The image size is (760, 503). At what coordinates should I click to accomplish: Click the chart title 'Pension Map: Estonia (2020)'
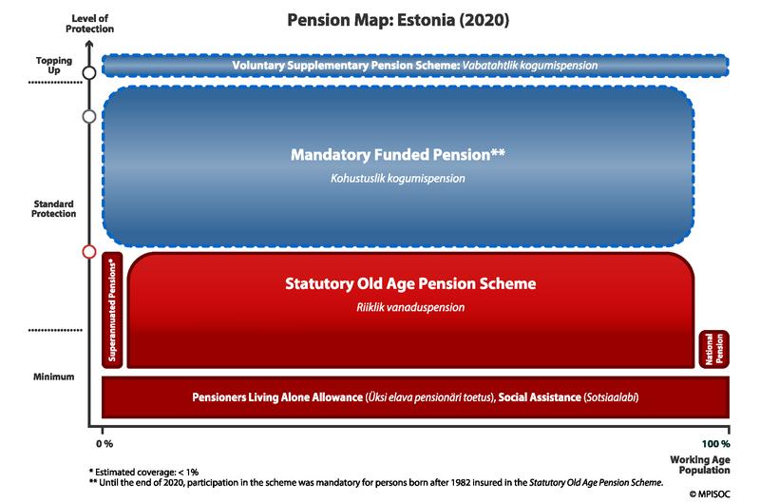[398, 20]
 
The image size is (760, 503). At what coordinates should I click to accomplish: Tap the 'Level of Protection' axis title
[89, 24]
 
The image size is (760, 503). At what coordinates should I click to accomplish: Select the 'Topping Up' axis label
[54, 65]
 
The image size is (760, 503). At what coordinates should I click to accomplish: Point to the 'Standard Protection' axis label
[54, 208]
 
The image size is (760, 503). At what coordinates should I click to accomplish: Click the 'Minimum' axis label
[54, 377]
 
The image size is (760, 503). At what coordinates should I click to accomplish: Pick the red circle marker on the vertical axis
[89, 252]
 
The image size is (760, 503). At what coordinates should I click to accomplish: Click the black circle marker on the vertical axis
[89, 73]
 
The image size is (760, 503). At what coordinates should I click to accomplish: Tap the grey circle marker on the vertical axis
[89, 116]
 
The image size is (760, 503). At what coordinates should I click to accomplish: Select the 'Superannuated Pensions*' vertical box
[112, 310]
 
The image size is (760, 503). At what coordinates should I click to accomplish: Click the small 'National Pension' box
[714, 349]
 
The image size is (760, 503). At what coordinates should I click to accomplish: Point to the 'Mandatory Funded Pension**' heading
[398, 155]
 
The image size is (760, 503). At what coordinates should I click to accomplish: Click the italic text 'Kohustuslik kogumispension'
[398, 179]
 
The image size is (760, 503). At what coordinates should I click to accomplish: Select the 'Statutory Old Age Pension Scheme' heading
[410, 283]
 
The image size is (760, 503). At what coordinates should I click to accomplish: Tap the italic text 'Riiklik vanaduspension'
[410, 307]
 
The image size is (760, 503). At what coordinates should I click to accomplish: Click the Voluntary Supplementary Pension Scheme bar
[415, 66]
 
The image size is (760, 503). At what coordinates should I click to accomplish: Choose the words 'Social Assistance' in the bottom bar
[540, 397]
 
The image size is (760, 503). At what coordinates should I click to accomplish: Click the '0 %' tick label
[104, 443]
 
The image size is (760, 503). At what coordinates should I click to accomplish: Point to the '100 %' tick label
[716, 443]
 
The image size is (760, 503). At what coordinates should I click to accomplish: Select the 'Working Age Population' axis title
[700, 465]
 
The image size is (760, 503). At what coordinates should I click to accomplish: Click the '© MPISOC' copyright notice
[710, 493]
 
